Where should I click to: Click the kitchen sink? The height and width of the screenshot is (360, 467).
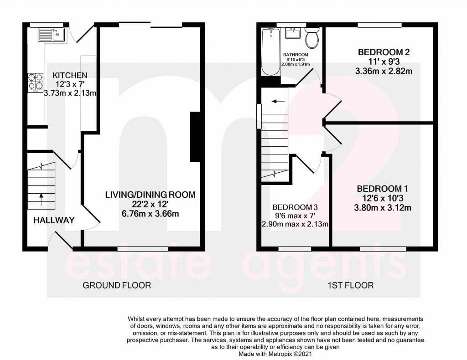point(51,34)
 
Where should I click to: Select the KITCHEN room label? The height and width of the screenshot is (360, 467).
point(70,75)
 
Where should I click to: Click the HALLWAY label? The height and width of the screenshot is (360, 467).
point(54,221)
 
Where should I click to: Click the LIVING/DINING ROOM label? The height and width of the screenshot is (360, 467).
point(150,195)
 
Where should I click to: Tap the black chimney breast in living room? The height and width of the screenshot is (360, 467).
point(195,137)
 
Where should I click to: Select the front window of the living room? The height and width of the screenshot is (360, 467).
point(142,248)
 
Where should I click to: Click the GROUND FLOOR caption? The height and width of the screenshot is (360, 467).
point(116,286)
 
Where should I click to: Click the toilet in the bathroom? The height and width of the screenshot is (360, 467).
point(312,38)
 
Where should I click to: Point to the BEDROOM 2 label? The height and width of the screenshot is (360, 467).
point(383,52)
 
